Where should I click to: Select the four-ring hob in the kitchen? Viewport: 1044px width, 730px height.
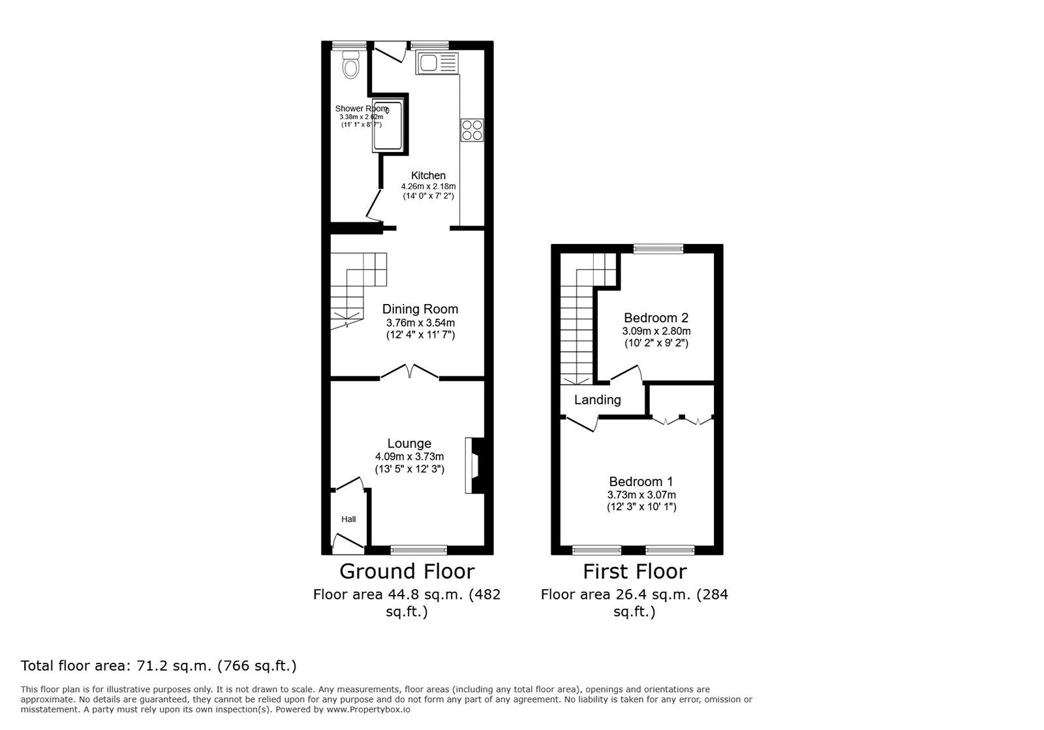pos(472,130)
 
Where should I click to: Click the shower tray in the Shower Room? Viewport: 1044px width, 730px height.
pos(388,127)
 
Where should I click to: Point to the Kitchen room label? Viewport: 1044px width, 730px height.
pos(428,175)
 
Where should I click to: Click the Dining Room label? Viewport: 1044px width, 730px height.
pos(420,309)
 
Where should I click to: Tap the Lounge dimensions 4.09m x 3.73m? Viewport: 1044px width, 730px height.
pos(409,457)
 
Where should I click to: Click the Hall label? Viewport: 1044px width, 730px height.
pos(348,519)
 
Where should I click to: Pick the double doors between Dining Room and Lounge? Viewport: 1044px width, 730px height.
pos(409,372)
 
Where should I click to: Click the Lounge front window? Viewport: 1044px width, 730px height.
pos(418,550)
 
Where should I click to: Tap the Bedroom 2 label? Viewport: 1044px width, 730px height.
pos(656,318)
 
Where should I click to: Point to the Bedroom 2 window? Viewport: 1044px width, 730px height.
pos(658,249)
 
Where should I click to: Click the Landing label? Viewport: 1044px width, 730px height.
pos(597,400)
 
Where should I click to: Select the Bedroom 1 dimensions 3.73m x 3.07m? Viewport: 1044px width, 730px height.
pos(641,495)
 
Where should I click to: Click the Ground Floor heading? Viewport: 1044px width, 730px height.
pos(407,571)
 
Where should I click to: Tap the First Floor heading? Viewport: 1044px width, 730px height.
pos(634,571)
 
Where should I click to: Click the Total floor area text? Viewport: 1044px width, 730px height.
pos(159,666)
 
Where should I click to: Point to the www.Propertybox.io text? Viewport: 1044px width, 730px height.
pos(368,710)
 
